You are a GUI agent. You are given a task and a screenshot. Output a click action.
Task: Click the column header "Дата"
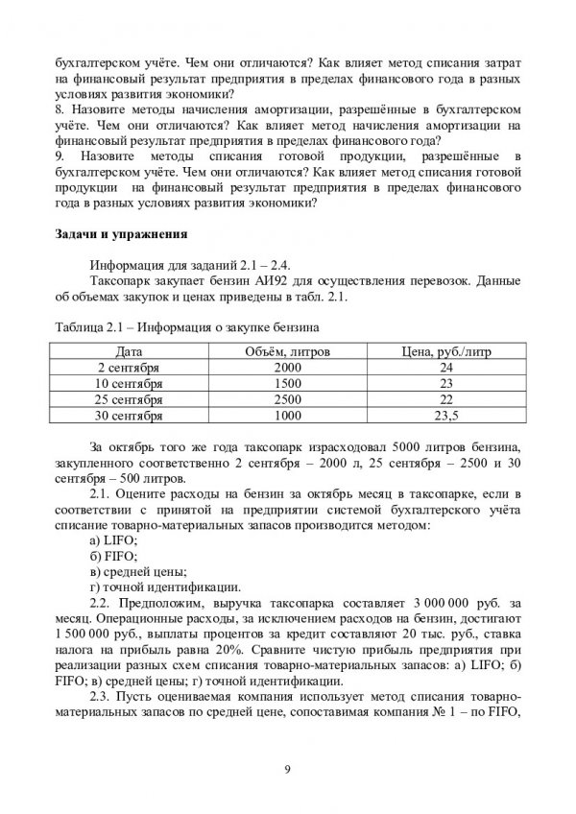[130, 352]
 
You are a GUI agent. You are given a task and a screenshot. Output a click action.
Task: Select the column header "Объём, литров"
[287, 352]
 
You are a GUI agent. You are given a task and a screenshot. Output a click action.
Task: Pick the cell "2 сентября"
[130, 368]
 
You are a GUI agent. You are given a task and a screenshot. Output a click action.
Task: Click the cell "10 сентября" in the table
[130, 383]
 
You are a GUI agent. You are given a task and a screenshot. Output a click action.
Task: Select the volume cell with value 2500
[287, 398]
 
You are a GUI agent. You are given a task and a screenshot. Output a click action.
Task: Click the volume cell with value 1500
[287, 383]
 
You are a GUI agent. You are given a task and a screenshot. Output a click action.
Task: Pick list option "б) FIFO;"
[112, 557]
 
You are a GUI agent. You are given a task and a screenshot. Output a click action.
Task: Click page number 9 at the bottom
[287, 768]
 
